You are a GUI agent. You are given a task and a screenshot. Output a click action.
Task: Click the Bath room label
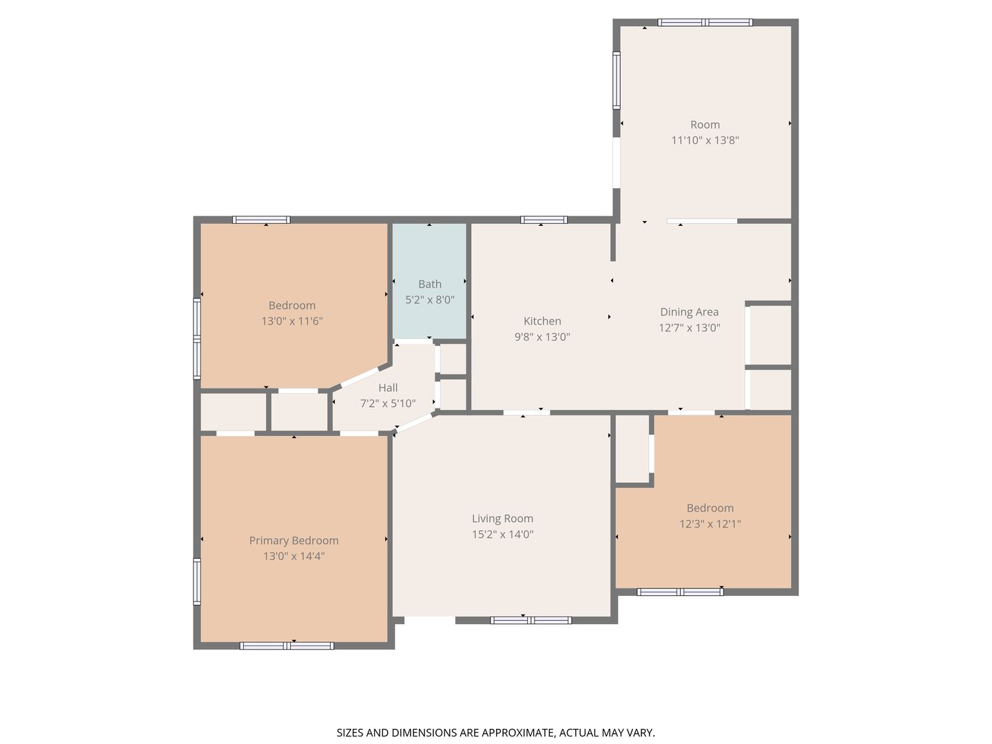(429, 284)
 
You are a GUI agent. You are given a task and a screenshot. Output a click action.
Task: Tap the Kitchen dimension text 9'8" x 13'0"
(542, 337)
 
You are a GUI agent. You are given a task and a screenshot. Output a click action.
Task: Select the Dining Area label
(689, 311)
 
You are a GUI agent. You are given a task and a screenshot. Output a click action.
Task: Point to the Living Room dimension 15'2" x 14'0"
(503, 534)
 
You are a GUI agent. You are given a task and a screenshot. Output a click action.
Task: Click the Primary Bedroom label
(293, 540)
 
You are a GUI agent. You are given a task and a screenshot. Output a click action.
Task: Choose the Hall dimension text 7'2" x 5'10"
(388, 403)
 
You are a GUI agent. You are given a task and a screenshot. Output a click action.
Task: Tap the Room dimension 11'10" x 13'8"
(705, 140)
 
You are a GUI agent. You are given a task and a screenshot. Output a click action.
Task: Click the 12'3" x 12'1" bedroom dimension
(710, 524)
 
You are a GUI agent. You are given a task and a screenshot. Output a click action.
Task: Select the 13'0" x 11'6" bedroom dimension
(292, 321)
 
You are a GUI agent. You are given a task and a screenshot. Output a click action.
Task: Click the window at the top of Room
(705, 23)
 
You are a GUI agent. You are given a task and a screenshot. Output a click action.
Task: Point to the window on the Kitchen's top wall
(544, 220)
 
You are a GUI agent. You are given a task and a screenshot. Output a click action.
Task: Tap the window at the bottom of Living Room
(531, 620)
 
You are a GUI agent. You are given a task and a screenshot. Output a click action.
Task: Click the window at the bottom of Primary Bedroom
(287, 645)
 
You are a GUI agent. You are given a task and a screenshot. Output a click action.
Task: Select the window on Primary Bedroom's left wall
(197, 581)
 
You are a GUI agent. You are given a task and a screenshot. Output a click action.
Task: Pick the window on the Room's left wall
(617, 80)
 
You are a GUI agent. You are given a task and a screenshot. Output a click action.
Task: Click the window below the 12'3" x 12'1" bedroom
(680, 592)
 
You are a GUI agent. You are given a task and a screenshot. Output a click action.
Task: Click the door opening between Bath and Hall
(413, 341)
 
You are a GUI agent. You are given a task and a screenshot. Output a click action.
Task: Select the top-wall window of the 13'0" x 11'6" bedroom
(261, 220)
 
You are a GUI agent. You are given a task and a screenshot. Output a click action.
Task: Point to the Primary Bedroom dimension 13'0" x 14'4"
(293, 556)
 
